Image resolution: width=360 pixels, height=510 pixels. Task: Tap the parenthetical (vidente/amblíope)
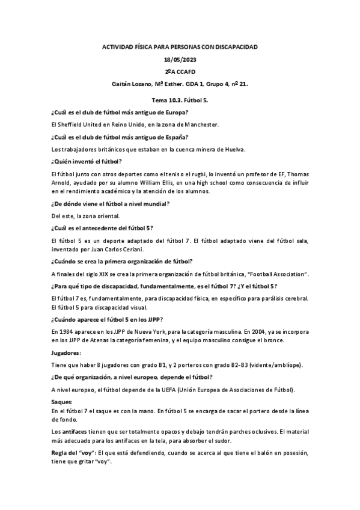pos(272,366)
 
